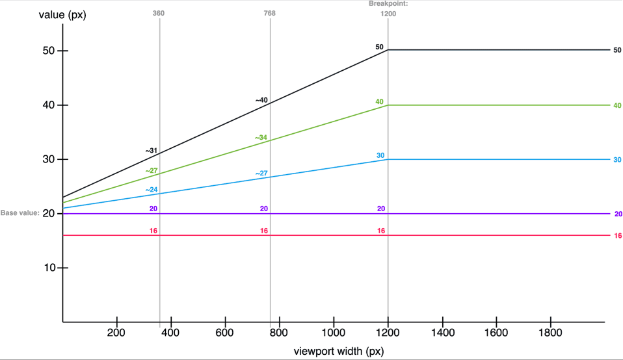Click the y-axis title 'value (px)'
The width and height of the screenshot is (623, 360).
(x=62, y=15)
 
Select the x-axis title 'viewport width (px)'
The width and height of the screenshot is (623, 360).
(x=339, y=352)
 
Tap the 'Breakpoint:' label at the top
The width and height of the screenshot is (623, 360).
(x=388, y=3)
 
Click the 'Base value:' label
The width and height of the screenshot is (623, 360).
(x=20, y=213)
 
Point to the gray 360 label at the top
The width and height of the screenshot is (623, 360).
(x=159, y=13)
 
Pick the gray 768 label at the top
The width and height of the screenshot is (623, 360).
(x=269, y=13)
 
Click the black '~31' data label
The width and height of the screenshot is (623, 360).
(x=152, y=151)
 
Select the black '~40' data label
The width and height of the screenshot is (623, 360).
(x=261, y=101)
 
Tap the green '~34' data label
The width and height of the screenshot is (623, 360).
(x=261, y=138)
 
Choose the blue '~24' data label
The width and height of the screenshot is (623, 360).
(x=152, y=190)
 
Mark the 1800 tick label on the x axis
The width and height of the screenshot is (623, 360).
(x=550, y=333)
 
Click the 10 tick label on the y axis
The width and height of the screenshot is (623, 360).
(x=49, y=268)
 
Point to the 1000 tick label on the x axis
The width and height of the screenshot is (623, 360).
(x=334, y=333)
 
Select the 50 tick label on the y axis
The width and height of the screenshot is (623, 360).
(x=49, y=51)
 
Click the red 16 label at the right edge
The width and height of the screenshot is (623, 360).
(x=618, y=236)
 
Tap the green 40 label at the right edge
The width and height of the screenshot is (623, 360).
(x=617, y=105)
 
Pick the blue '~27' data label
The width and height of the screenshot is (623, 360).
(x=261, y=174)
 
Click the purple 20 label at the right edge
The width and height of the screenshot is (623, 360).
(x=618, y=214)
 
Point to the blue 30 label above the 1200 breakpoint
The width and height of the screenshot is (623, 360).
(x=380, y=155)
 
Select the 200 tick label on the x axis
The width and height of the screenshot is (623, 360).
(x=116, y=333)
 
